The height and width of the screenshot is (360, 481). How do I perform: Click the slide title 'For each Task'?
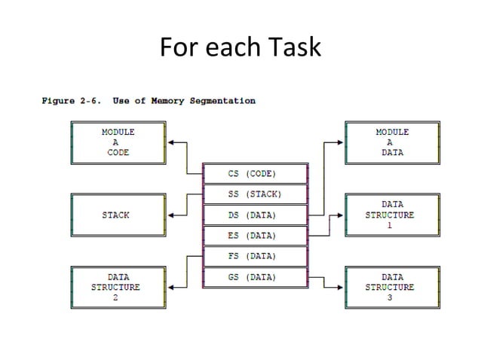tap(240, 47)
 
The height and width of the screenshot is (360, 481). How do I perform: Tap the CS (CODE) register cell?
tap(256, 173)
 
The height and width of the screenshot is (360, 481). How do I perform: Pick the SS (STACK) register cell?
tap(256, 194)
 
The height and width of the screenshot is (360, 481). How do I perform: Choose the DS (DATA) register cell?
tap(256, 215)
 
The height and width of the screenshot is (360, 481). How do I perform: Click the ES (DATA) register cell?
tap(256, 236)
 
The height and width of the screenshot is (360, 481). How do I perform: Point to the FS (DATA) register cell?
tap(256, 256)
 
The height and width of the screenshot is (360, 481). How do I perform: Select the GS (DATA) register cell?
tap(256, 277)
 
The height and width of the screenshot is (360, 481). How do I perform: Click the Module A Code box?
tap(118, 142)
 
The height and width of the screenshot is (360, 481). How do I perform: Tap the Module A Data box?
tap(391, 142)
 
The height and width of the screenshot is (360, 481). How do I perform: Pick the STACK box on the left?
tap(118, 215)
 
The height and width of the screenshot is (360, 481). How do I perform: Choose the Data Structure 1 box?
tap(391, 215)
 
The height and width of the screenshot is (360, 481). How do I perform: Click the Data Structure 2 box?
tap(118, 287)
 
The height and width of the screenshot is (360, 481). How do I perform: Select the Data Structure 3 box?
tap(391, 287)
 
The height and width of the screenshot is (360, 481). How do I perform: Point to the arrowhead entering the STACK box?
tap(172, 215)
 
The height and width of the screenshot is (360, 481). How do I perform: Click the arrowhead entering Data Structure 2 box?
tap(172, 287)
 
